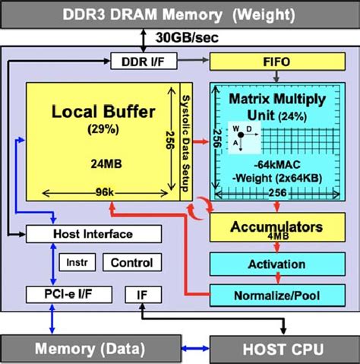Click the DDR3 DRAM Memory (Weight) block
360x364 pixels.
[179, 14]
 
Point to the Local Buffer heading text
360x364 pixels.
[103, 112]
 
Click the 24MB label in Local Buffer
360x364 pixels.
[103, 162]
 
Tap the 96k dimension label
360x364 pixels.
[104, 193]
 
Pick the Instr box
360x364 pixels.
[77, 263]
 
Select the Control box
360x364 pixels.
[132, 263]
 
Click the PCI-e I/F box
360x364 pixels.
[68, 293]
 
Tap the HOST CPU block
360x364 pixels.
[283, 349]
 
